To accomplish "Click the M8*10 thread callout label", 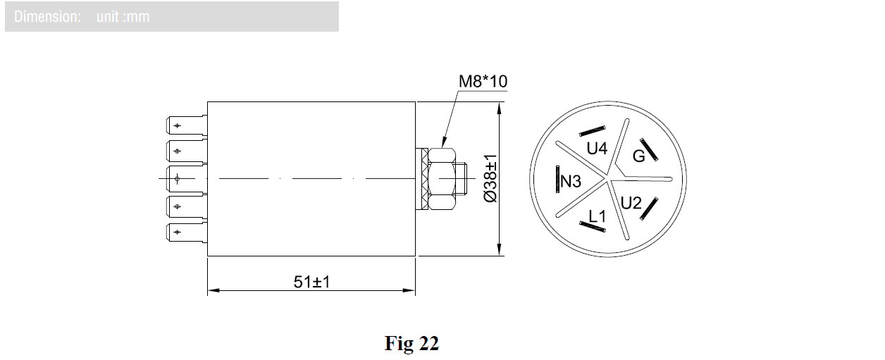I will pos(483,82).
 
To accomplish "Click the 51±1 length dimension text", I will pos(312,282).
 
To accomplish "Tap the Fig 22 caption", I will pos(411,343).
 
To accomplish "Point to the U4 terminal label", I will pos(597,149).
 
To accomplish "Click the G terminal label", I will pos(638,156).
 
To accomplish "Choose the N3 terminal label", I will pos(571,182).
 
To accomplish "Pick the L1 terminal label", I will pos(597,216).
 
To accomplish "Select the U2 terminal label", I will pos(631,204).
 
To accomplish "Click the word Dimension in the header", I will pos(47,16).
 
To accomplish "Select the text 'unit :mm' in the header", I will pos(123,16).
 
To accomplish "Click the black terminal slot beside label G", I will pos(648,149).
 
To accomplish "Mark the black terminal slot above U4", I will pos(593,131).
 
